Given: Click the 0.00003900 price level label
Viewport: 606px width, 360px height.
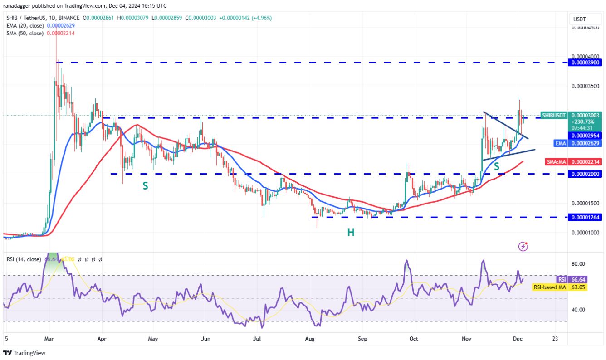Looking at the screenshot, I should (586, 63).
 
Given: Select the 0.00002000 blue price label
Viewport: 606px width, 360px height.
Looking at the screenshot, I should (586, 174).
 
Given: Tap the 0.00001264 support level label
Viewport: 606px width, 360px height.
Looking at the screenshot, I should (586, 217).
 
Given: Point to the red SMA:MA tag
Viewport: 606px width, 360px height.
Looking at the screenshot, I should (557, 161).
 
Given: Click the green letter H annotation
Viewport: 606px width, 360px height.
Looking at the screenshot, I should (351, 233).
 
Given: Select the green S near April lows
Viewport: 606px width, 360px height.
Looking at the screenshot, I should (145, 186).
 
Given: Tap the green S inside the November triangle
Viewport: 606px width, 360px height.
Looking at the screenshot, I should (497, 167).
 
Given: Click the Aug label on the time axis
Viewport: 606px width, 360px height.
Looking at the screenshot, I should (310, 338).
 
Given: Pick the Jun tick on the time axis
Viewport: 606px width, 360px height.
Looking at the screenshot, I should (206, 338).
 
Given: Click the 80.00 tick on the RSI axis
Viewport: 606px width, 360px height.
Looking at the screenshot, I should (578, 264).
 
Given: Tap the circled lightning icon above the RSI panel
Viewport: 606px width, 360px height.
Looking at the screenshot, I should (523, 246).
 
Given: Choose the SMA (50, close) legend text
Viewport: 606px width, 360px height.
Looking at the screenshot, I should (25, 34).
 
